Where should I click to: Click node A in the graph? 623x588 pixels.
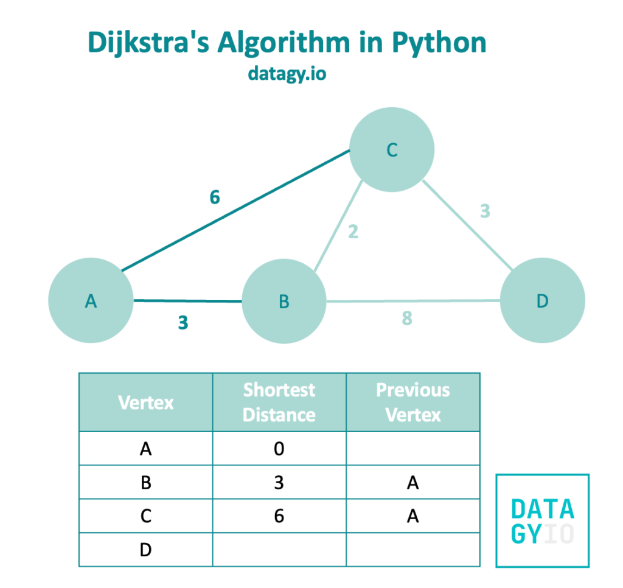pos(91,301)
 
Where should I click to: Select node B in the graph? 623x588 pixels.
pos(284,301)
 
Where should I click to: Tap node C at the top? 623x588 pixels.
pos(392,150)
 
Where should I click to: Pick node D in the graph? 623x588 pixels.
pos(542,301)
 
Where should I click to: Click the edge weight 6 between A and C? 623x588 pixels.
pos(214,198)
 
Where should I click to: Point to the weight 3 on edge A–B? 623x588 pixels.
pos(183,323)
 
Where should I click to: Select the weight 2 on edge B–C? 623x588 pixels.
pos(353,232)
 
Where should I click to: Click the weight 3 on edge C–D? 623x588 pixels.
pos(485,211)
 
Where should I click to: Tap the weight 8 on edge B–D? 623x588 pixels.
pos(407,318)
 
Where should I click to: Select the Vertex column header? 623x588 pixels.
pos(146,402)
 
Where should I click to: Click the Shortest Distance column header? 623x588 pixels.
pos(279,402)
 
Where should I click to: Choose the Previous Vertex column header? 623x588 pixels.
pos(413,402)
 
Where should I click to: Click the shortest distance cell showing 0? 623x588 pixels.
pos(279,449)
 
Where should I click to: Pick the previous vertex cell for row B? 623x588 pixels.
pos(413,483)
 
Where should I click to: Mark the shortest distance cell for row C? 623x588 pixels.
pos(279,516)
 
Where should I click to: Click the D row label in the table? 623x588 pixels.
pos(146,550)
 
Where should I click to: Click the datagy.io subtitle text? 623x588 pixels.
pos(287,73)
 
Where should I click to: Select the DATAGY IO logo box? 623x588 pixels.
pos(543,520)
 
